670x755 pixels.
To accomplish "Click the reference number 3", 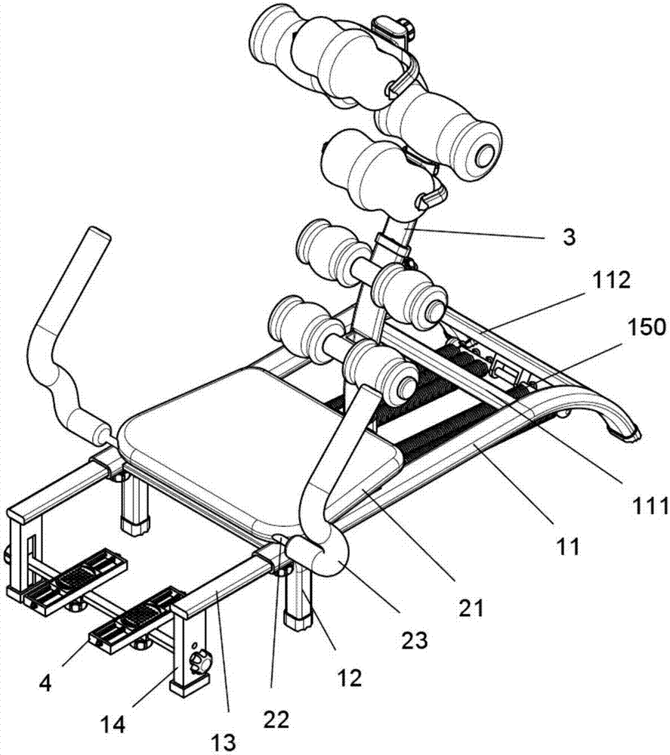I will pos(568,237).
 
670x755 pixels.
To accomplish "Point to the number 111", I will pos(647,504).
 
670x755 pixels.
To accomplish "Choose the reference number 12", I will pos(350,677).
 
